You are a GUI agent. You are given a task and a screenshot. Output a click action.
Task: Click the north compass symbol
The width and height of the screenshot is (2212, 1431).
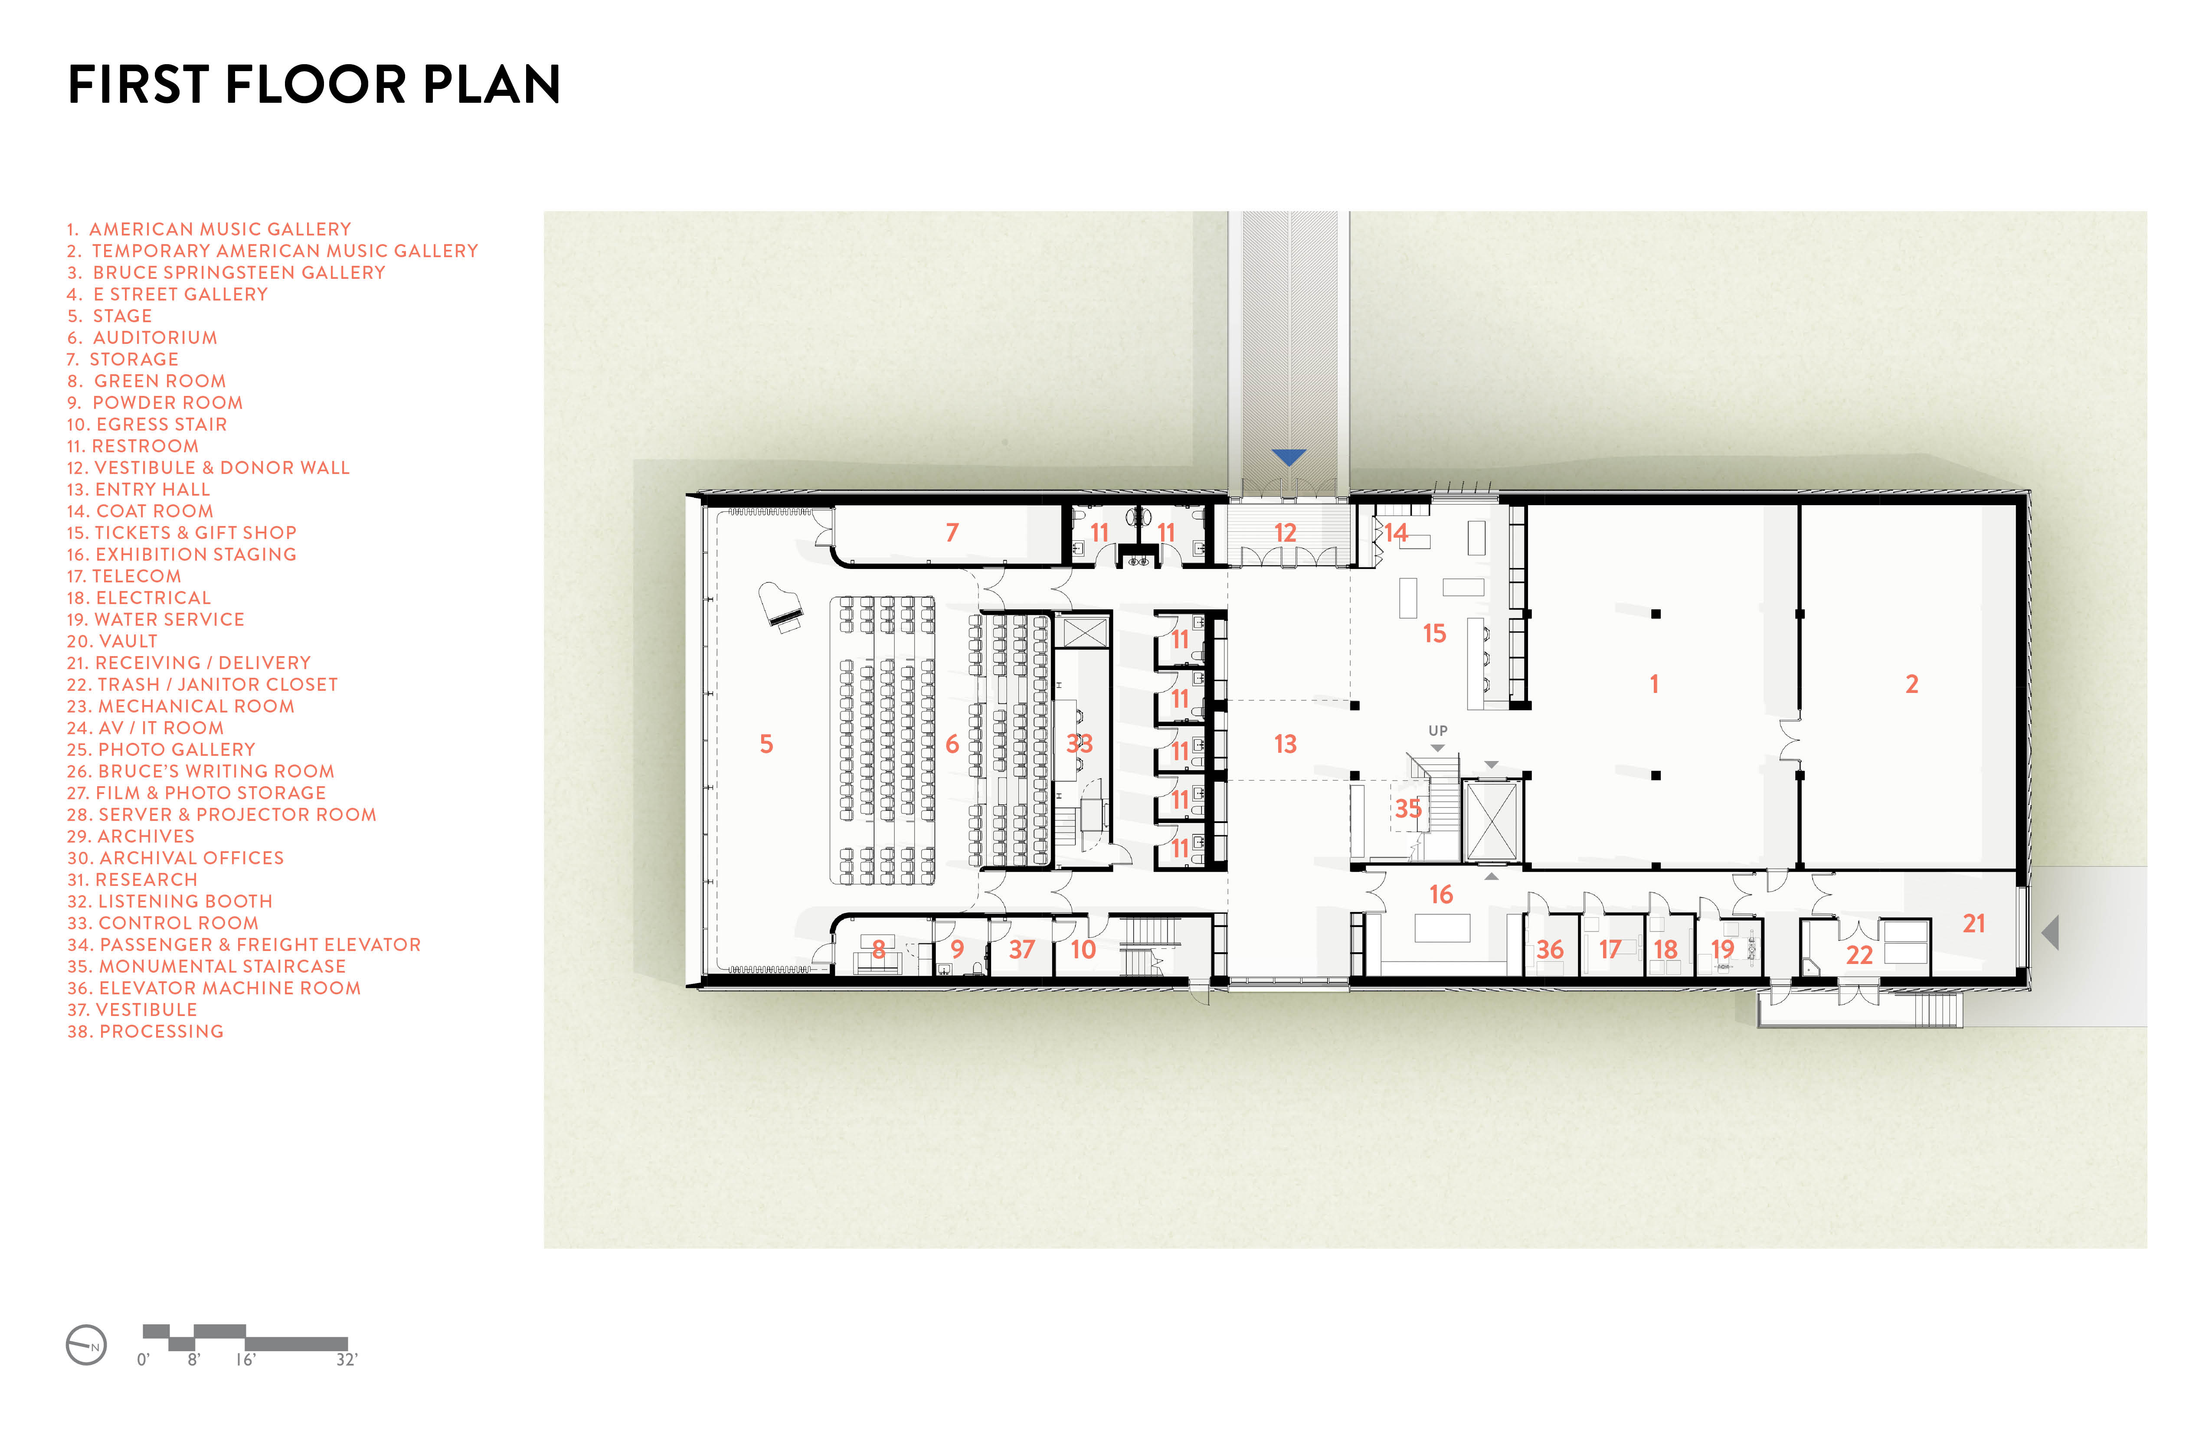click(86, 1345)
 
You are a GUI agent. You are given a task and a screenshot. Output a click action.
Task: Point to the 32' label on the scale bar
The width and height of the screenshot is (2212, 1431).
click(347, 1359)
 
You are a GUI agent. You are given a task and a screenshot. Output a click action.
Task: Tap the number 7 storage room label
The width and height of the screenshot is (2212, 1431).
click(952, 533)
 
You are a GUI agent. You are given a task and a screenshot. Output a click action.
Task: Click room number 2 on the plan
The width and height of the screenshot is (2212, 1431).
click(1912, 684)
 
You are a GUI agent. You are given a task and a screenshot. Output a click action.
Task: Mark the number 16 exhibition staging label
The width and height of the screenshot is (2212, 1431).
click(1440, 894)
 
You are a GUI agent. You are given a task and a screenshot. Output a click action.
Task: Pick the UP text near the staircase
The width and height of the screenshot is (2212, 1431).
click(1438, 730)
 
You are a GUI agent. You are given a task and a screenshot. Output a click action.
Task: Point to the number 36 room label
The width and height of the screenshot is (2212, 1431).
click(1549, 949)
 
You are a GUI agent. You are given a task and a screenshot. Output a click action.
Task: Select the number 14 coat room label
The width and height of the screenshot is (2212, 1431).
click(1396, 533)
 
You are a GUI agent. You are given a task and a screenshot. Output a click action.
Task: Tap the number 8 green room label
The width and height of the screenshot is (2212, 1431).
click(878, 949)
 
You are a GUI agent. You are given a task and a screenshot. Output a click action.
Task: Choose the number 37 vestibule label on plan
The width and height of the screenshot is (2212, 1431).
click(1021, 949)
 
